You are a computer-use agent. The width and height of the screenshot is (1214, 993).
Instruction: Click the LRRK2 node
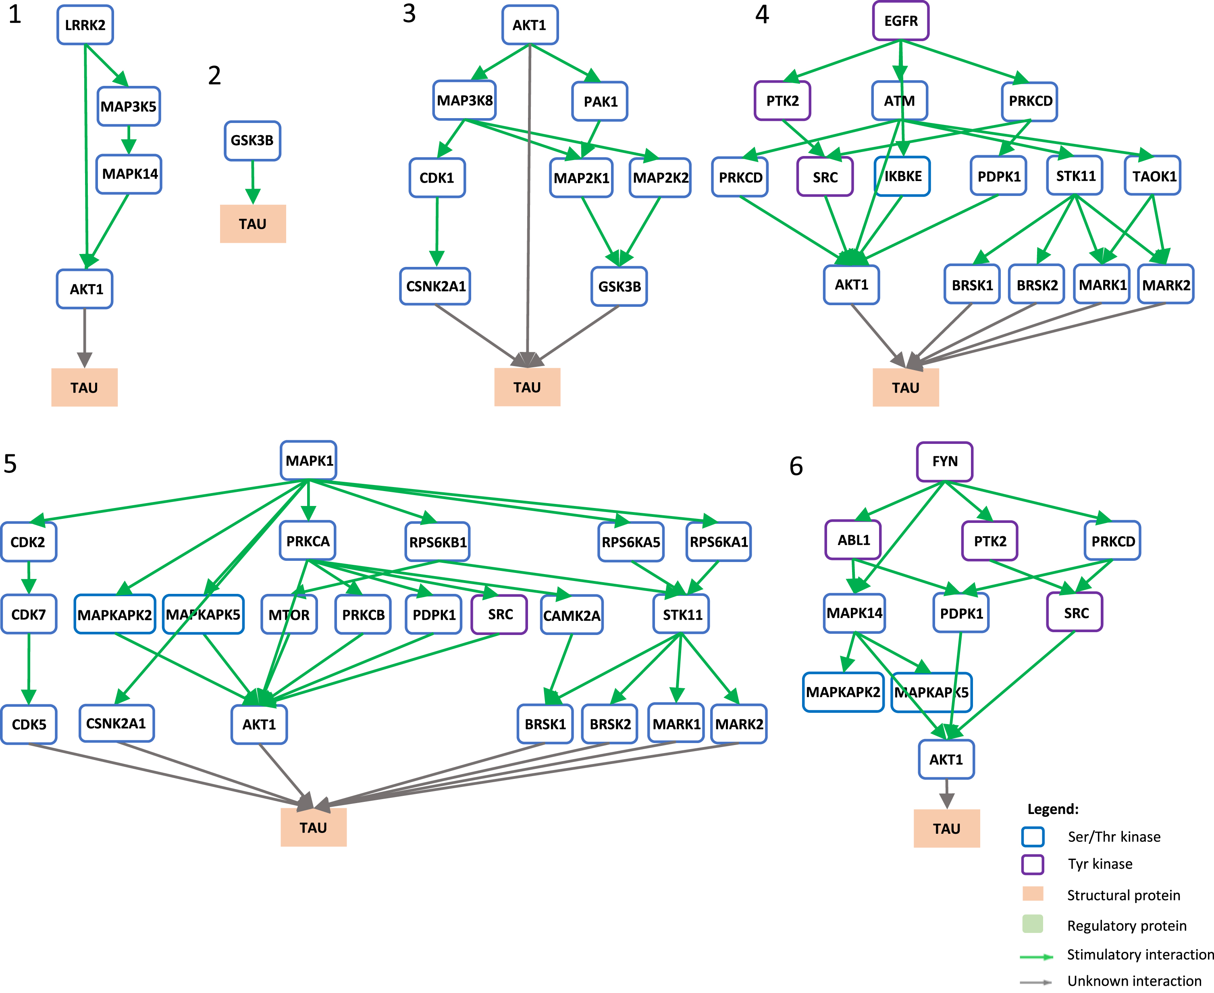point(85,25)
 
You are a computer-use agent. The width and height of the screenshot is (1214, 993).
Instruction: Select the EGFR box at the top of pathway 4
point(901,21)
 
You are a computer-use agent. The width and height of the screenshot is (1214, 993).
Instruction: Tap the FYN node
point(945,462)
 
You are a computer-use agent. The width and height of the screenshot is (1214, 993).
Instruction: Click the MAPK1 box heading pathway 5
point(309,460)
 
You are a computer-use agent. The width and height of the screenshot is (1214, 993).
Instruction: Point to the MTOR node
point(289,615)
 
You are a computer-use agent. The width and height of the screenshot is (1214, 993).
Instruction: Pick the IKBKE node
point(902,176)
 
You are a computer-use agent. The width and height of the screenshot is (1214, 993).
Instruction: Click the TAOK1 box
point(1153,176)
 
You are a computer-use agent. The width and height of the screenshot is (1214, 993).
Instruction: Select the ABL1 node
point(853,540)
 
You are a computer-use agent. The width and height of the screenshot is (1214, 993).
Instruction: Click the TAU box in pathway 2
point(253,224)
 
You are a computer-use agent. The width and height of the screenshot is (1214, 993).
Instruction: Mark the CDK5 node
point(29,724)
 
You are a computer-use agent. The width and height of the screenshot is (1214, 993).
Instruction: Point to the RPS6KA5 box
point(631,542)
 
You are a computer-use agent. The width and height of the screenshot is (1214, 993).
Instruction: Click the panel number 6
point(796,466)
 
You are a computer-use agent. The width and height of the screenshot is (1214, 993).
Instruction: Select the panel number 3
point(409,14)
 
